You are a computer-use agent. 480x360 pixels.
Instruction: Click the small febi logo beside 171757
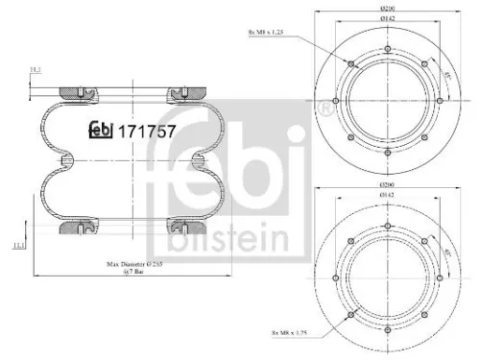[101, 130]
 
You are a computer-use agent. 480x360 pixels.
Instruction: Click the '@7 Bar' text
[133, 274]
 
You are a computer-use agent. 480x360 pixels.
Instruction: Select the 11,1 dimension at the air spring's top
[35, 70]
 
